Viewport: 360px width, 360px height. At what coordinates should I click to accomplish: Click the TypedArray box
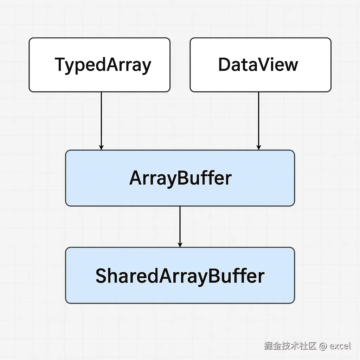(x=99, y=65)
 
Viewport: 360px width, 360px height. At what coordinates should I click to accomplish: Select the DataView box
(x=261, y=65)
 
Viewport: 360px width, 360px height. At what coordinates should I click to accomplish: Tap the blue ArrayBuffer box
(x=180, y=178)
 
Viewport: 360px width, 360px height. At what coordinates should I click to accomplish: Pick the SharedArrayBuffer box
(x=180, y=275)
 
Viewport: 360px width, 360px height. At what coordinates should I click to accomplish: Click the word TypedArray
(x=103, y=65)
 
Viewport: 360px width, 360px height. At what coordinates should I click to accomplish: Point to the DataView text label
(x=258, y=65)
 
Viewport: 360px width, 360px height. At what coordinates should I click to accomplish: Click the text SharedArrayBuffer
(x=180, y=276)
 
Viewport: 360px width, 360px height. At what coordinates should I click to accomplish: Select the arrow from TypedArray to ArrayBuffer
(x=101, y=121)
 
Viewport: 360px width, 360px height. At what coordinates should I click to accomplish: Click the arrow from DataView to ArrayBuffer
(x=258, y=121)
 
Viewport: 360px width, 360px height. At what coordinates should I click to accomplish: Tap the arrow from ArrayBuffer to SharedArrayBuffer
(x=180, y=227)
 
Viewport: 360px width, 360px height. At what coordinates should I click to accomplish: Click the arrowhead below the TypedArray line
(x=101, y=147)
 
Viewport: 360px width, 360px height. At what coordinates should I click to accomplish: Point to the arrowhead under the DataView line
(x=258, y=147)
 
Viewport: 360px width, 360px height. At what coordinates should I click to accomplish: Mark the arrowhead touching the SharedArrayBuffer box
(x=180, y=245)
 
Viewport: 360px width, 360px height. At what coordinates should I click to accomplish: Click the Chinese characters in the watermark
(x=290, y=346)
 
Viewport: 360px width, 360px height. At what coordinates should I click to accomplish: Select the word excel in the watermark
(x=340, y=346)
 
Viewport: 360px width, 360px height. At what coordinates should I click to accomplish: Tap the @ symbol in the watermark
(x=323, y=346)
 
